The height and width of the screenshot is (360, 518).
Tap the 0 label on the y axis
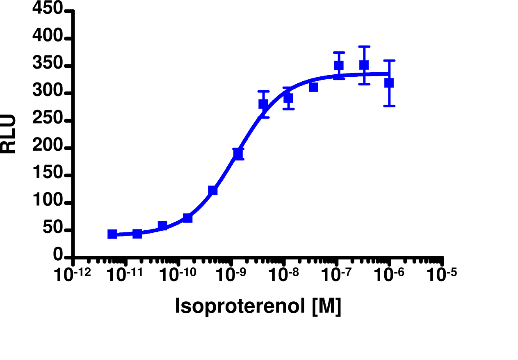(x=58, y=256)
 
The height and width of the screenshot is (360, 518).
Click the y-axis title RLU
(x=9, y=134)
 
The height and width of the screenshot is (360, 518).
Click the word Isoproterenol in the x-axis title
(x=240, y=306)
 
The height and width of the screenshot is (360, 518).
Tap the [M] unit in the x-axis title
(x=326, y=306)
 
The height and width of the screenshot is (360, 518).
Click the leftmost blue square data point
(x=112, y=234)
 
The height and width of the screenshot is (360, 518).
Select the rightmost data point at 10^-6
(x=389, y=83)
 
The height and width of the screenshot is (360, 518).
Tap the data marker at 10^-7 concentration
(x=338, y=66)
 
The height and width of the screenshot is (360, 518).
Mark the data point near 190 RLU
(x=238, y=154)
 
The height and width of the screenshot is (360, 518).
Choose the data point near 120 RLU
(x=212, y=190)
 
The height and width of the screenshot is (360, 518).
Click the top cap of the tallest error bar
(x=364, y=46)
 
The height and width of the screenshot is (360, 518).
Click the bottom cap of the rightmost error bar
(x=389, y=106)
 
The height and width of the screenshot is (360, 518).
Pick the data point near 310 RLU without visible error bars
(x=314, y=87)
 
